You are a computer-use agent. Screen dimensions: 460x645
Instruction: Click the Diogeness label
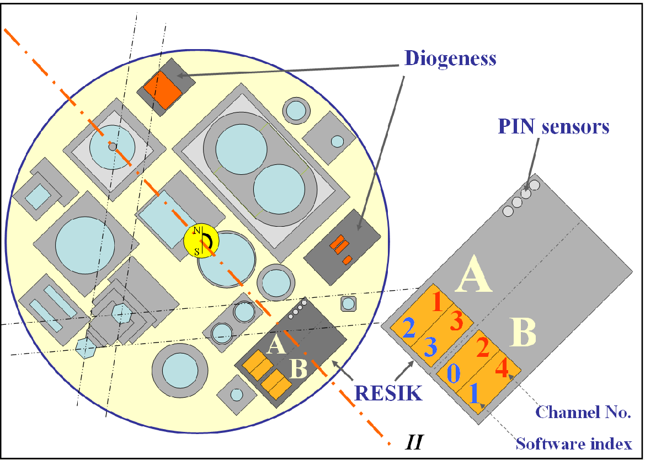[x=450, y=58]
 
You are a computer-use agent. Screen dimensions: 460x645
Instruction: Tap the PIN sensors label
[x=553, y=126]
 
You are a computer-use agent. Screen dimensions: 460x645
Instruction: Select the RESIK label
[x=388, y=393]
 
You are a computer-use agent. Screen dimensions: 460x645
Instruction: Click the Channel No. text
[x=583, y=411]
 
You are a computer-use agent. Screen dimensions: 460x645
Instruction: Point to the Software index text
[x=573, y=443]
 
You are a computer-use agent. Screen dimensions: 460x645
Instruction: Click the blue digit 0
[x=453, y=374]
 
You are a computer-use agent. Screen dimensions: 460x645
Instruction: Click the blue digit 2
[x=409, y=329]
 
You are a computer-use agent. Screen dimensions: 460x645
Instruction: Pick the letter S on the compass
[x=197, y=252]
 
